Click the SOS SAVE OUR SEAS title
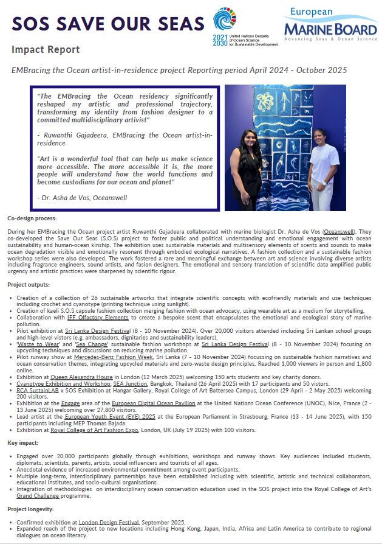[108, 23]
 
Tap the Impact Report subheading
[46, 49]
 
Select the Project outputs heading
[29, 284]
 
